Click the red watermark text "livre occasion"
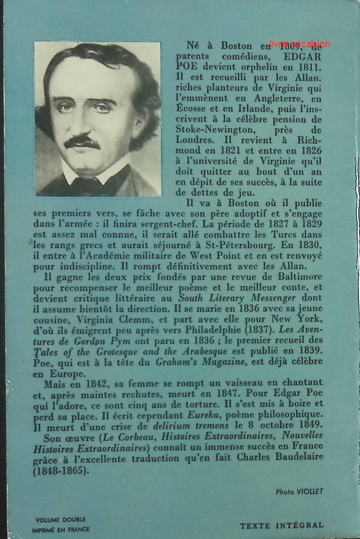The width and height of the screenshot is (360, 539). [x=300, y=45]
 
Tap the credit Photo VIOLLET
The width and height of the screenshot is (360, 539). [x=299, y=492]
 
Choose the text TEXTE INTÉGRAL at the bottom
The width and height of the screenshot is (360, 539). [x=282, y=525]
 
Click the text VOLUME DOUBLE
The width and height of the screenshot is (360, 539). [x=60, y=520]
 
